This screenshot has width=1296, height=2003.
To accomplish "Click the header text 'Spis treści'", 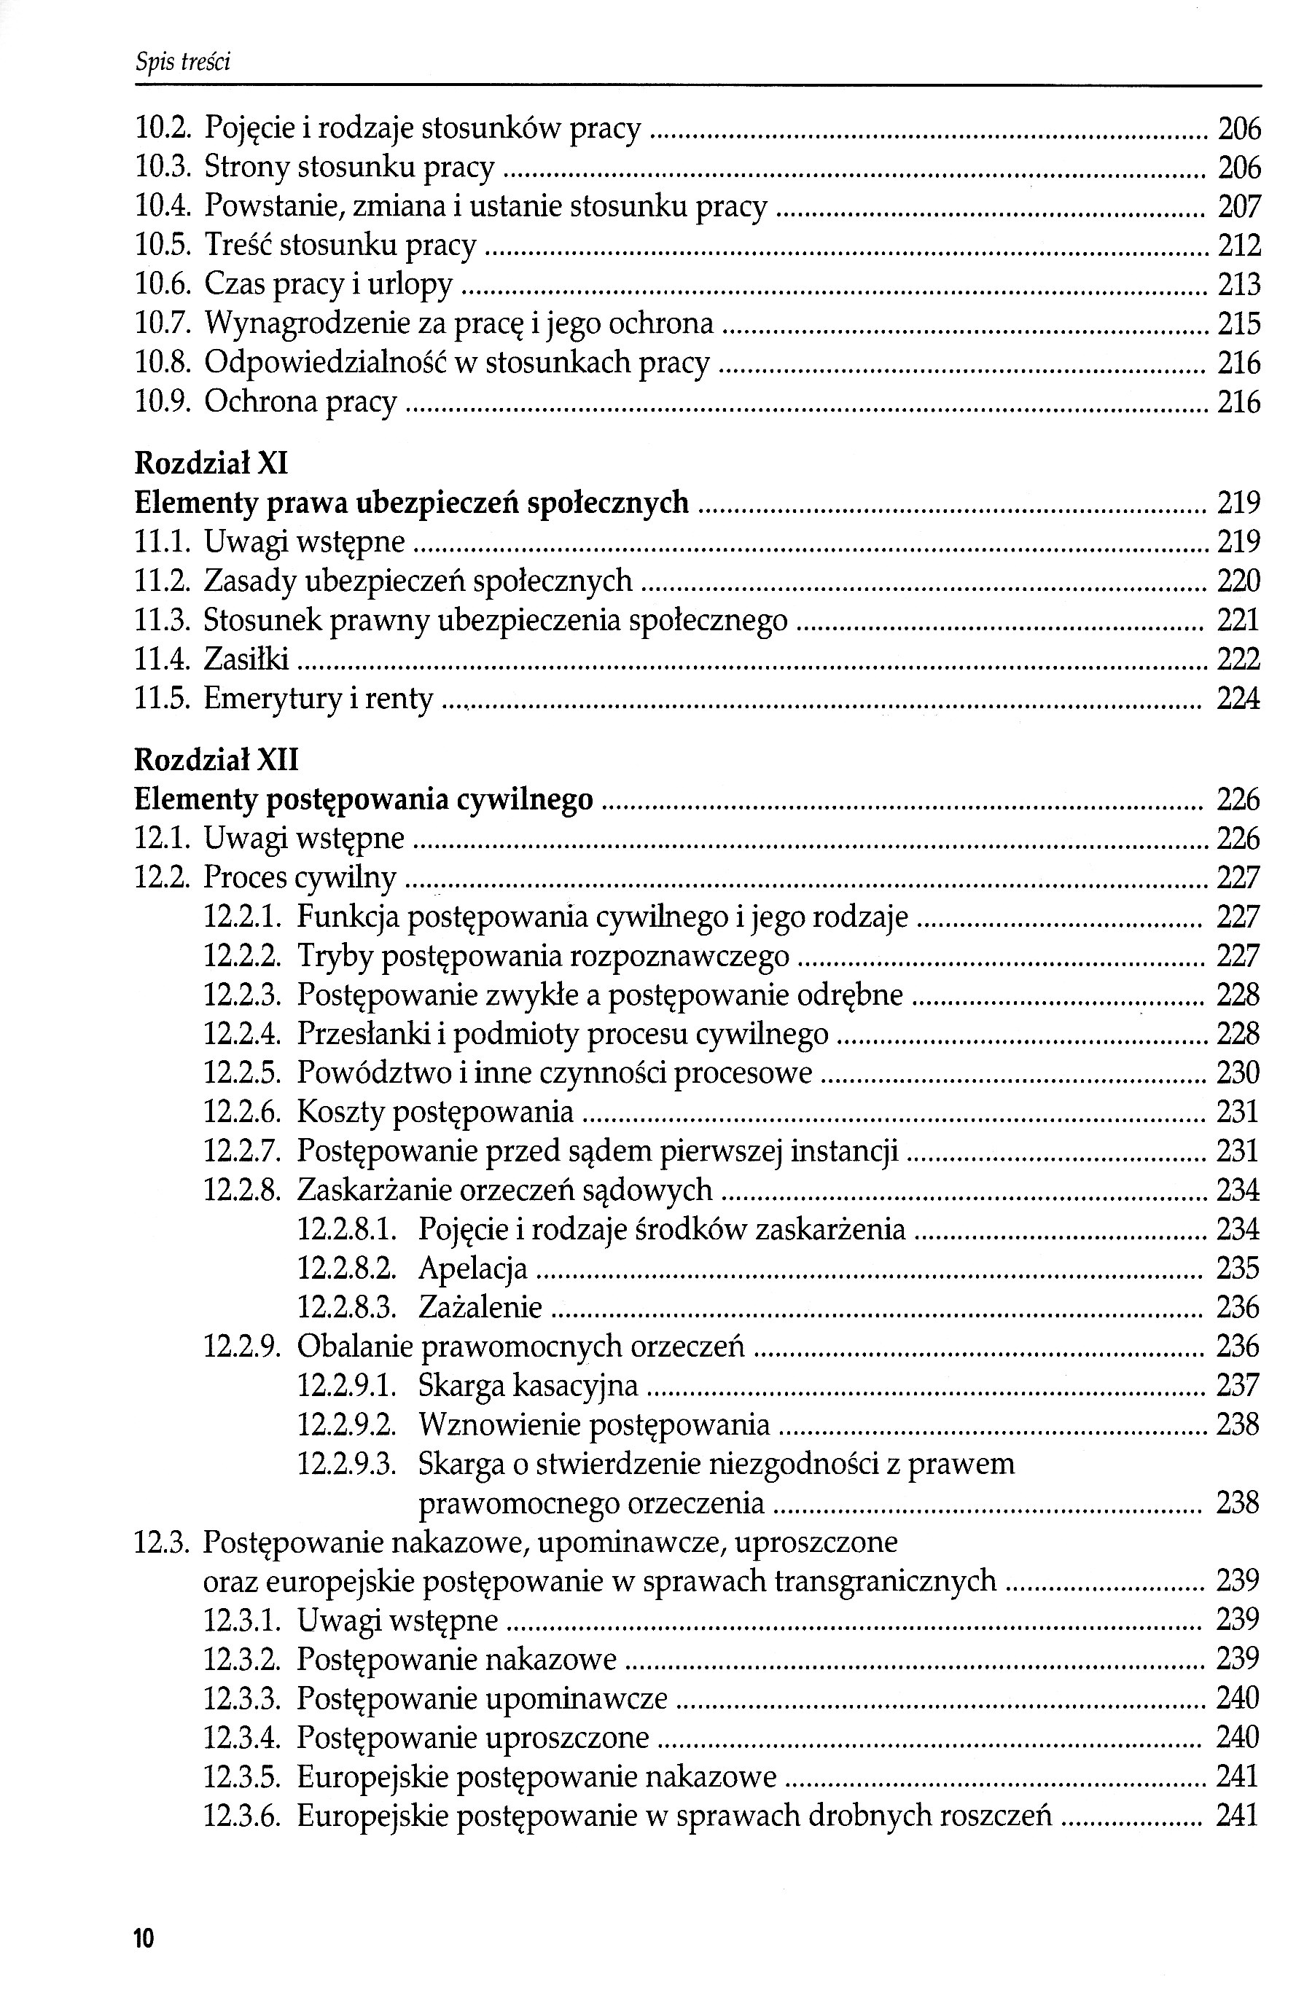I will point(183,62).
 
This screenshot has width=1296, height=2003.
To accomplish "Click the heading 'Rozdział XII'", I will point(216,761).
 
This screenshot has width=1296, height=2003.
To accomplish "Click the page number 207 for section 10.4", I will point(1238,206).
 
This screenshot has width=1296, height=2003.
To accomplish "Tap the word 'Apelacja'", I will point(472,1268).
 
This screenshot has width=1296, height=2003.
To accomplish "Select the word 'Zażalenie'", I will point(480,1307).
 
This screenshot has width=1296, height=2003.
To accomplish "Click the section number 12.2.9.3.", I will point(347,1465).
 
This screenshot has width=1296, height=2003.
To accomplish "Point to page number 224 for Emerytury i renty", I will point(1238,698).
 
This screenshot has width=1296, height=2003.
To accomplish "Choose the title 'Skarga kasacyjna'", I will point(528,1386).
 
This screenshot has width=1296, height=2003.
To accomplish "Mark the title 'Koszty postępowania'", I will point(434,1112).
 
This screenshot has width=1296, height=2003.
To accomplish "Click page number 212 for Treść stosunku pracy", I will point(1238,246).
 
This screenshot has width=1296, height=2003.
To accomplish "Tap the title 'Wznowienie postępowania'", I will point(593,1425).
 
